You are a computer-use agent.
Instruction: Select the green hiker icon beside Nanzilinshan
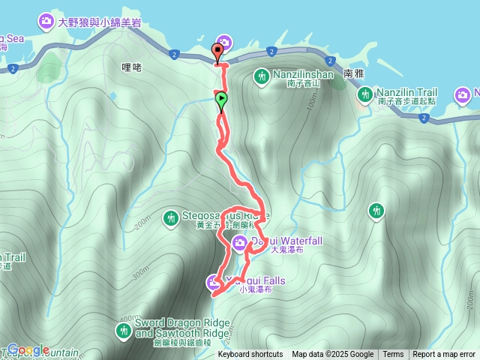click(x=261, y=76)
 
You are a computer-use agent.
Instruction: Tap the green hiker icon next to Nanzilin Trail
click(x=365, y=94)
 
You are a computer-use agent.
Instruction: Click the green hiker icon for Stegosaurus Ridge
click(x=171, y=217)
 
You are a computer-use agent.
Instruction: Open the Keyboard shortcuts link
click(x=250, y=355)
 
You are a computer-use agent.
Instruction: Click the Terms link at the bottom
click(x=393, y=355)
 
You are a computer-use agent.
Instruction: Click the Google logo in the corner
click(x=28, y=349)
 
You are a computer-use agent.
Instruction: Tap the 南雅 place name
click(x=354, y=75)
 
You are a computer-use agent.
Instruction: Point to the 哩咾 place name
click(x=131, y=67)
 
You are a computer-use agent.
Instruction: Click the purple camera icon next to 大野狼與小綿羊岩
click(x=46, y=20)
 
